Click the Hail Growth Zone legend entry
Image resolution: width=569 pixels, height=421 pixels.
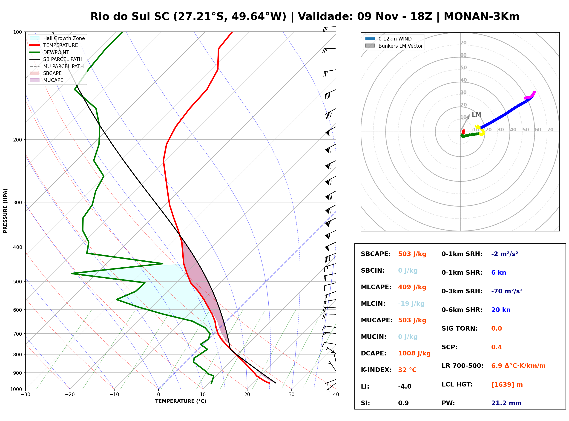click(57, 38)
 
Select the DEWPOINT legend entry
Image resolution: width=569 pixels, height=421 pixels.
click(49, 52)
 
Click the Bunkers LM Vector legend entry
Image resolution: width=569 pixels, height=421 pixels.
click(394, 46)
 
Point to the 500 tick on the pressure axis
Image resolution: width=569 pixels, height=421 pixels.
click(19, 282)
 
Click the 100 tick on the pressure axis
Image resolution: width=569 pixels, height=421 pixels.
click(19, 32)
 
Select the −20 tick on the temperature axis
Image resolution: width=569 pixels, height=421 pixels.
click(70, 394)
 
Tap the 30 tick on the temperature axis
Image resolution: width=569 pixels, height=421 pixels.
click(291, 394)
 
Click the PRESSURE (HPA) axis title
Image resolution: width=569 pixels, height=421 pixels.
click(5, 211)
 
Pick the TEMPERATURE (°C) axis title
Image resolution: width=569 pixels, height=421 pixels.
click(181, 401)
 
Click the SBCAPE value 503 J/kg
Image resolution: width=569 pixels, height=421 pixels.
click(412, 254)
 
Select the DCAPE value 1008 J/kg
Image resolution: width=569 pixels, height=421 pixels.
click(414, 353)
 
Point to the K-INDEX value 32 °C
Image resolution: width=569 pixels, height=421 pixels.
click(407, 370)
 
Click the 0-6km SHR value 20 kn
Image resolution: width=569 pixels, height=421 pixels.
click(501, 310)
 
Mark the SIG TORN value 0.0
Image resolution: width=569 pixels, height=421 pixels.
click(496, 329)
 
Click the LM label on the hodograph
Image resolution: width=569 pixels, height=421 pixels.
click(476, 114)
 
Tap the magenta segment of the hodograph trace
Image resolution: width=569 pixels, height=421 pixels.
click(531, 95)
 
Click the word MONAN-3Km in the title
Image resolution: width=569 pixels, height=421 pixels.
click(481, 17)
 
